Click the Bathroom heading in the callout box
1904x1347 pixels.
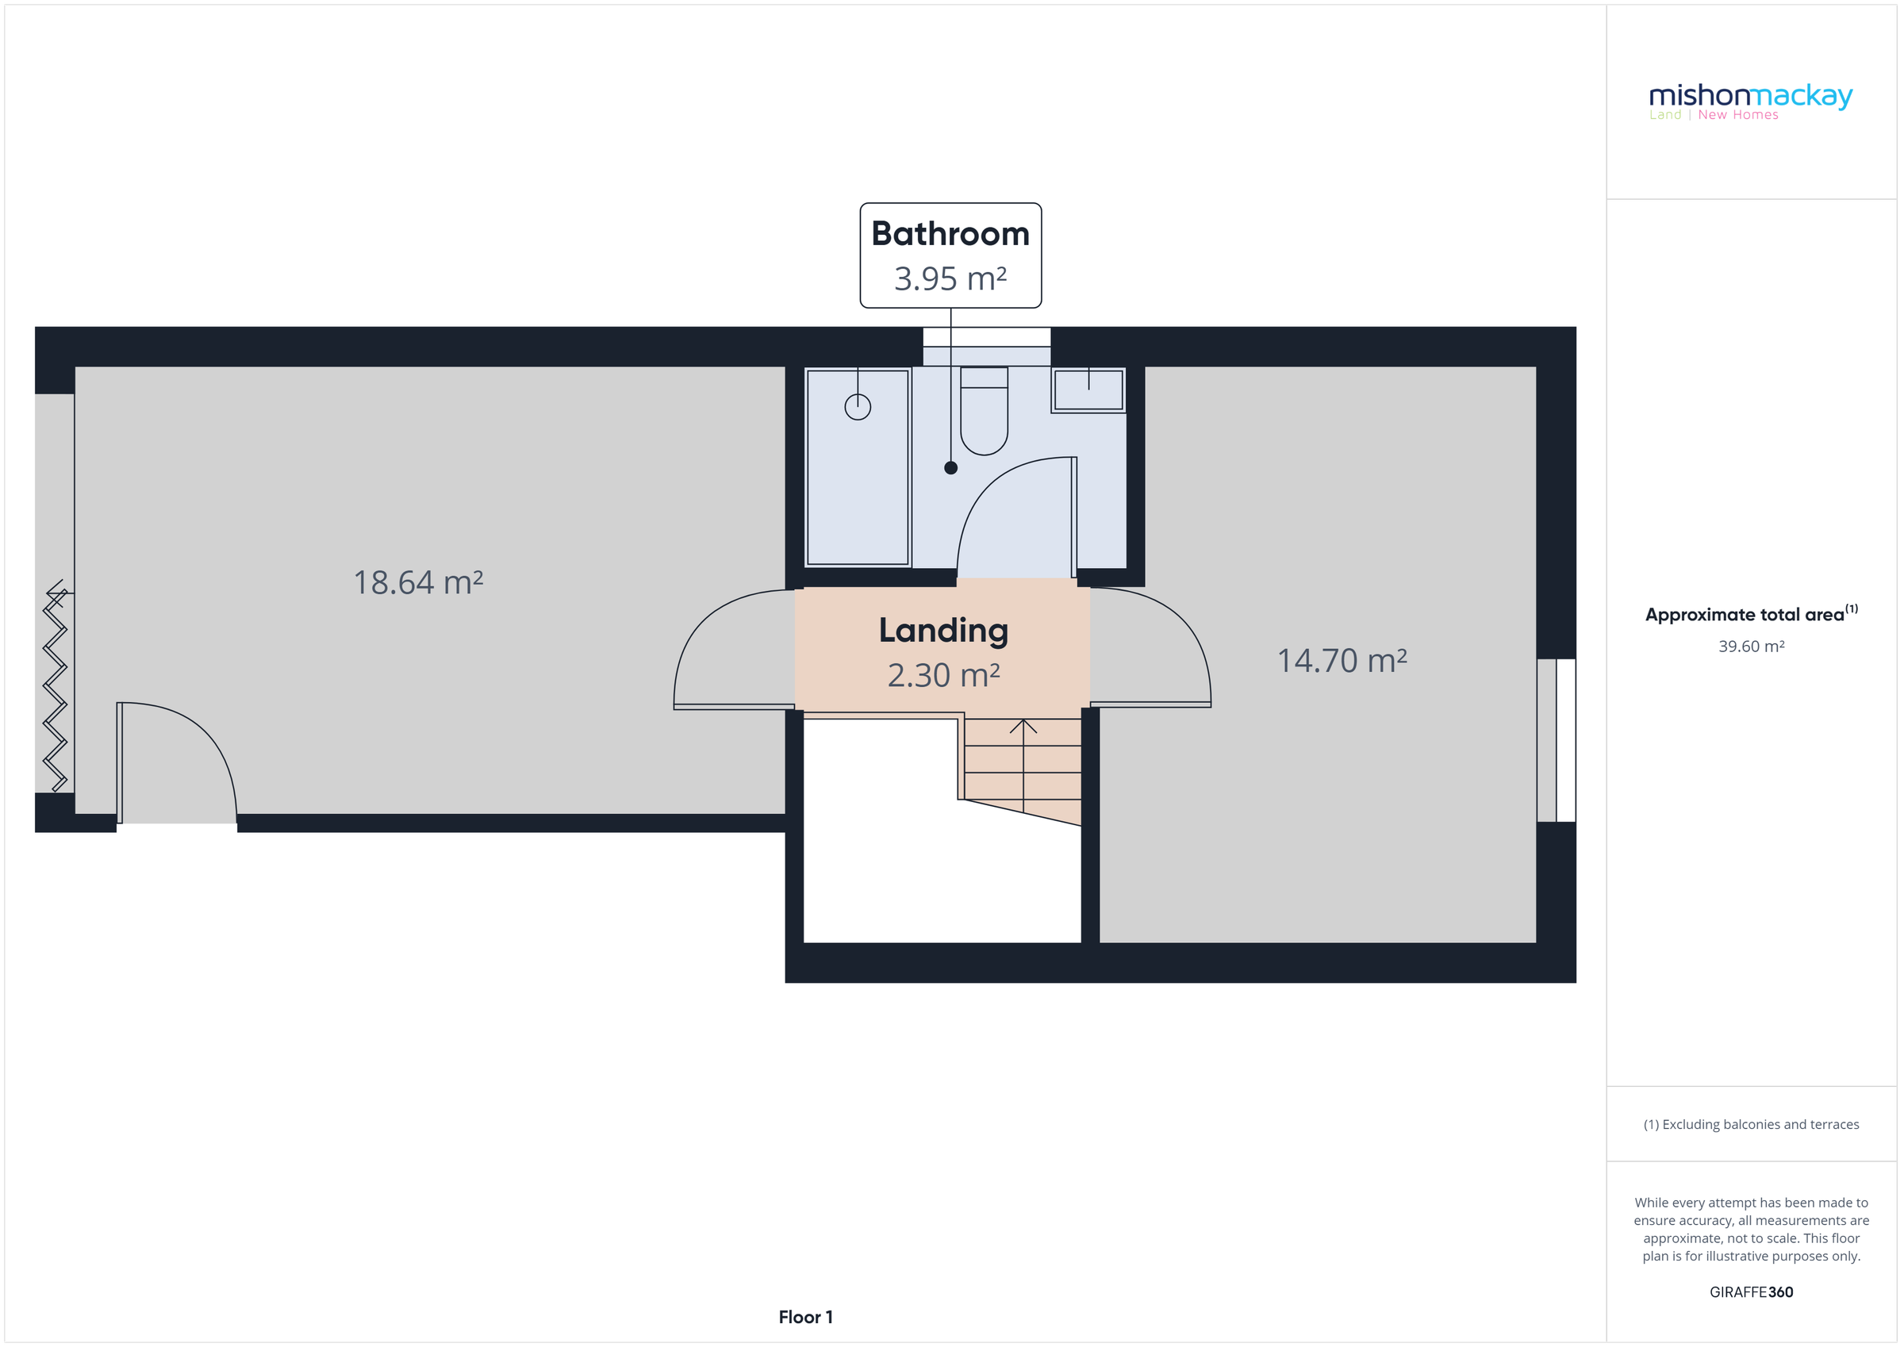click(950, 234)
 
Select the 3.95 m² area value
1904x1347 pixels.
click(950, 278)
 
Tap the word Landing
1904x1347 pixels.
click(943, 631)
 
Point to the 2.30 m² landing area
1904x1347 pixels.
click(943, 675)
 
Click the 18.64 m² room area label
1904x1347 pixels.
click(418, 582)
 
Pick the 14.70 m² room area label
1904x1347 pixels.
click(1341, 661)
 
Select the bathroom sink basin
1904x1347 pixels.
click(1088, 389)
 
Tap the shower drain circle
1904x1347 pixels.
click(858, 407)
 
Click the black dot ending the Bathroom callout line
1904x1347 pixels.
click(950, 468)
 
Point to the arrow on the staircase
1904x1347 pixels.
click(1023, 728)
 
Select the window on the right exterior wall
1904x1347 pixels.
click(1556, 740)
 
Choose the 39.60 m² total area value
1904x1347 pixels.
click(1751, 646)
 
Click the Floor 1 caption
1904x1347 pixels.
click(804, 1317)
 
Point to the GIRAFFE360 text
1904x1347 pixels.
click(1751, 1291)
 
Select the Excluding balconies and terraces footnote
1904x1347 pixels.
click(1751, 1124)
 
